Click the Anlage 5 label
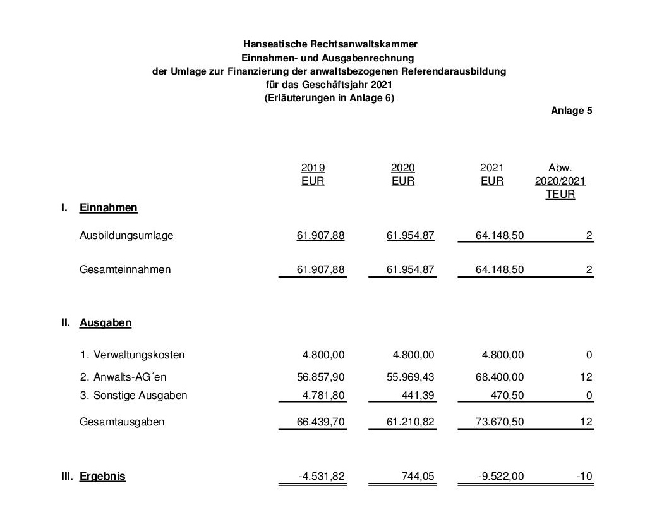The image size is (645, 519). tap(571, 111)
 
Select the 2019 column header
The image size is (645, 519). tap(313, 168)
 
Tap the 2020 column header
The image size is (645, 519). tap(402, 168)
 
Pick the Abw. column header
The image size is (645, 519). tap(560, 168)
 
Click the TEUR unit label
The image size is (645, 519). tap(560, 195)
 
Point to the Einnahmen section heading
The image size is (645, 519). tap(108, 207)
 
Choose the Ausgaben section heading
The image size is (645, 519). tap(105, 322)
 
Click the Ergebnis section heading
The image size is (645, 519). tap(102, 476)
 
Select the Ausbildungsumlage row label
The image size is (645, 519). tap(126, 235)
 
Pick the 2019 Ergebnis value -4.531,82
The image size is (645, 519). tap(322, 476)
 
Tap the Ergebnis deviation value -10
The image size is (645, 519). tap(584, 476)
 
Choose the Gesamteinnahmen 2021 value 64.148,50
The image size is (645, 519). tap(500, 269)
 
